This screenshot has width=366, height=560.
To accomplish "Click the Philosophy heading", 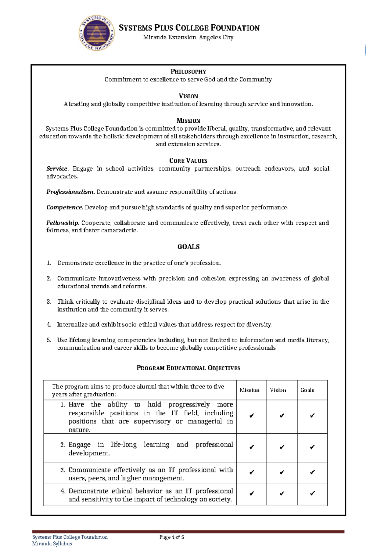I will tap(188, 72).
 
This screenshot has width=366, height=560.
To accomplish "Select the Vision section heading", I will tap(188, 96).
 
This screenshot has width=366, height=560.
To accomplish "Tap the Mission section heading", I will tap(188, 121).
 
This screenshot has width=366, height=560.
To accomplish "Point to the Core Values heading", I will tap(188, 161).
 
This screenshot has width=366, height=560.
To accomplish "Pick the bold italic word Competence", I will tap(64, 208).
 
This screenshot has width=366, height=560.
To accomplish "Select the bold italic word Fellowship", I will tap(62, 223).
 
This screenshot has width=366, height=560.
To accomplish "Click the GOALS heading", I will tap(188, 247).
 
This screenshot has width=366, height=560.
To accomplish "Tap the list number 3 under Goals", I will tap(49, 302).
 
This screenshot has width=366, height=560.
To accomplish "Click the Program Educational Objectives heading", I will tap(188, 368).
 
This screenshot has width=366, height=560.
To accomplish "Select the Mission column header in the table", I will tap(249, 390).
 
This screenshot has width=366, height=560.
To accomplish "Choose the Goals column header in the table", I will tap(307, 390).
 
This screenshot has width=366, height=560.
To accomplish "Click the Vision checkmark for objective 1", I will tap(282, 416).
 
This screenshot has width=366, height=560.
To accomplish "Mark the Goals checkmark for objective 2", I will tap(312, 447).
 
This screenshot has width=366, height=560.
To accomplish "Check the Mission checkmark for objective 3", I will tap(251, 472).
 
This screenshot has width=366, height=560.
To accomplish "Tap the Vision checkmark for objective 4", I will tap(282, 493).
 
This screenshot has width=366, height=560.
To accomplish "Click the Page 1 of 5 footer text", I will tap(172, 537).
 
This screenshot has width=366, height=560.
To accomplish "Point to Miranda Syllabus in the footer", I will tap(52, 544).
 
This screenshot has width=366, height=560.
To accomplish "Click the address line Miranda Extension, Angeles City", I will tap(188, 38).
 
